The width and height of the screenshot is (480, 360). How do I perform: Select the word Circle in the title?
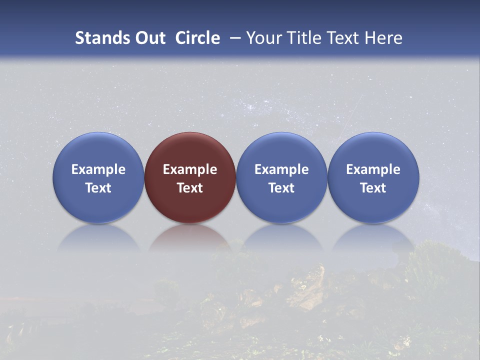197,38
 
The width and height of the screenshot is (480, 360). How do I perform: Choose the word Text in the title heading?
344,38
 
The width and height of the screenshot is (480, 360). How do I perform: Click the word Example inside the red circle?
190,169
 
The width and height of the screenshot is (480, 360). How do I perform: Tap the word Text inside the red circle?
190,188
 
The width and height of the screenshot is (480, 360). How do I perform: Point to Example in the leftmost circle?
98,169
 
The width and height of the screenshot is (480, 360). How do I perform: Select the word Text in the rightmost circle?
373,188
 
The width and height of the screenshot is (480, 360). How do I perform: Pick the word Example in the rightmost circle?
373,169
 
